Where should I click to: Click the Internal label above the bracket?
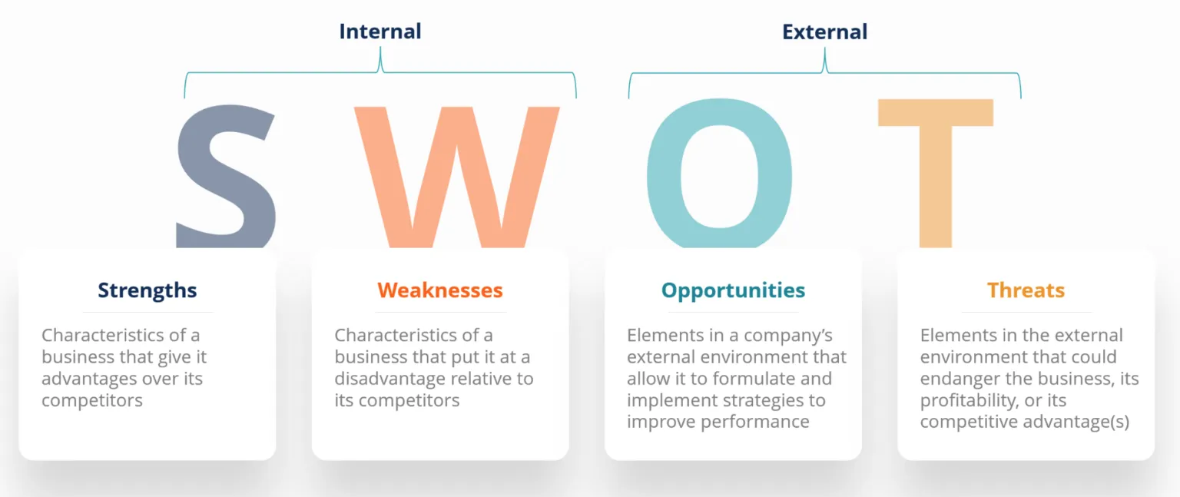(x=380, y=31)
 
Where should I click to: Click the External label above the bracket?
(x=824, y=31)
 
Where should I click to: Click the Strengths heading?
(x=147, y=290)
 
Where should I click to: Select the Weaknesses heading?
(x=439, y=290)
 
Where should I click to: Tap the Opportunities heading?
(x=733, y=290)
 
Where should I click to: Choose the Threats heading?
(x=1026, y=290)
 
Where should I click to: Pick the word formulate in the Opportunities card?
(x=749, y=379)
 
